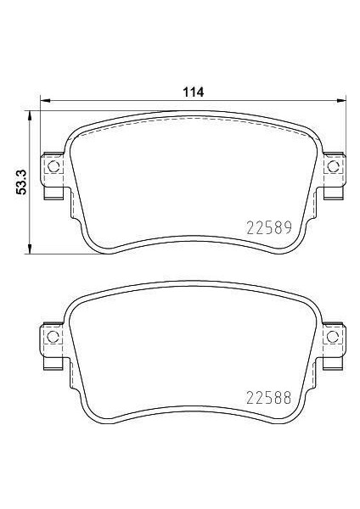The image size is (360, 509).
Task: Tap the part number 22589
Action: pos(267,228)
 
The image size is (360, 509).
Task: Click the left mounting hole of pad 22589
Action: pos(53,167)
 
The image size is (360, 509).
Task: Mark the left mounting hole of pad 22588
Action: pos(53,336)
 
